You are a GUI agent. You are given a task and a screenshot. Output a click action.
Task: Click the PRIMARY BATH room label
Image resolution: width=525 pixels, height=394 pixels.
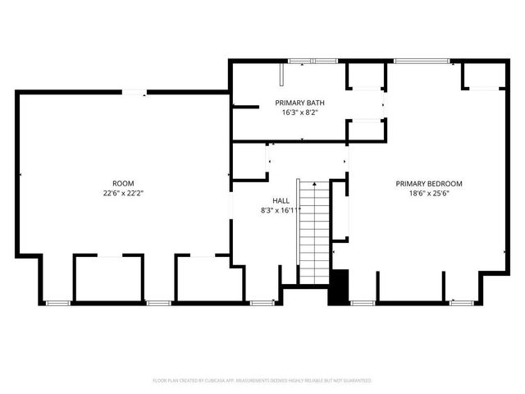[x=299, y=103]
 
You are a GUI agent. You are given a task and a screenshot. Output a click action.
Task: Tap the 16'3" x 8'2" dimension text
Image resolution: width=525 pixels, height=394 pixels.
[x=299, y=112]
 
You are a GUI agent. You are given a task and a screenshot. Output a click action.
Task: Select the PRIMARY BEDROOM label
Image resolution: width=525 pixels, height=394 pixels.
[x=429, y=184]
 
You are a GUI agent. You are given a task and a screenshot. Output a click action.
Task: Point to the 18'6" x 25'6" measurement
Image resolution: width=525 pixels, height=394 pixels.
[x=429, y=194]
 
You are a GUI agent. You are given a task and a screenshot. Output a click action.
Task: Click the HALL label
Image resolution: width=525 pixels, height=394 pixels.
[x=280, y=200]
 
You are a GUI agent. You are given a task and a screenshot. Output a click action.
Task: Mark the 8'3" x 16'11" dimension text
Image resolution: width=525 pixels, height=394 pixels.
[x=280, y=210]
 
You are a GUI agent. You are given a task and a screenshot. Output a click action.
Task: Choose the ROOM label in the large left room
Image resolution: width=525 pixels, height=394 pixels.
[x=124, y=183]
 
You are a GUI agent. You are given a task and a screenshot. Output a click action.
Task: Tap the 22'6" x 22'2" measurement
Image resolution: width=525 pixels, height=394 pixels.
[x=124, y=193]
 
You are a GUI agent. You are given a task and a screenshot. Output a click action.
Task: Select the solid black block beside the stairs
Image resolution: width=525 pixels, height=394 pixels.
[x=339, y=287]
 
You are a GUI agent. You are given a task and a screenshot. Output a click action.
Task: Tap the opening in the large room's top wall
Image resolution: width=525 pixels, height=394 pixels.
[x=135, y=93]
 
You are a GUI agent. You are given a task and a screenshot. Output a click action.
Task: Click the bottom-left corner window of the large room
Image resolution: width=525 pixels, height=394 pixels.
[x=57, y=303]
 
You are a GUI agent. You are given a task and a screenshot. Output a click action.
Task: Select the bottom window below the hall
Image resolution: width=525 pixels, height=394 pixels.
[x=262, y=303]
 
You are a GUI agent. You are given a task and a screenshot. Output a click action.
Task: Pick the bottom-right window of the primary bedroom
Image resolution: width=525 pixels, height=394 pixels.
[x=462, y=303]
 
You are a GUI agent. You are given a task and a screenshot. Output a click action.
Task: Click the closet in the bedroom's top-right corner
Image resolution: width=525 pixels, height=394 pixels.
[x=482, y=76]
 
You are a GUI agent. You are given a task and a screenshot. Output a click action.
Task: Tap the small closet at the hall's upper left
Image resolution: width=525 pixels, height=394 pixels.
[x=249, y=161]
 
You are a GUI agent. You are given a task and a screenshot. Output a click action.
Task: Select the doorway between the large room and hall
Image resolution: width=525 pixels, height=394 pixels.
[x=231, y=209]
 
